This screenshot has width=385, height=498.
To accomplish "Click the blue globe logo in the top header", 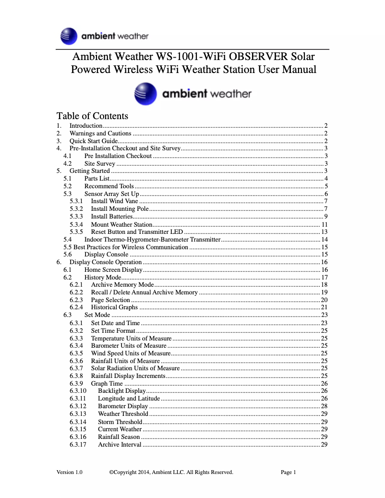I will click(69, 36).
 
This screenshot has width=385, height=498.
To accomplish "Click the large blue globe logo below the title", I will click(145, 94).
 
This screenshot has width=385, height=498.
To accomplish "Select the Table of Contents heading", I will click(92, 116).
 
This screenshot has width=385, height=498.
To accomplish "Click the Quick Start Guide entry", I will click(94, 141).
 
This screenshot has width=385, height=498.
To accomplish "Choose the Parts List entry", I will click(97, 178).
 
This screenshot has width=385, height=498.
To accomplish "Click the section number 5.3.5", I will click(76, 231).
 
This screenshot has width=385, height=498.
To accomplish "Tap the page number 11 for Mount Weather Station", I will click(324, 224).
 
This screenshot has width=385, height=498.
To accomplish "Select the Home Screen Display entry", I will click(113, 270).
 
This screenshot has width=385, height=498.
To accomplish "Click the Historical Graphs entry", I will click(114, 307).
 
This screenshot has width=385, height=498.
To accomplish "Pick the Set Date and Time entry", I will click(115, 323).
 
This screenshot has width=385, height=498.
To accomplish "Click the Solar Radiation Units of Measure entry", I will click(135, 368).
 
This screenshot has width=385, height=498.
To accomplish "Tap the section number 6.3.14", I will click(78, 422).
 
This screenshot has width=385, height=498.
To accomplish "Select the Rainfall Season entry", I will click(119, 437).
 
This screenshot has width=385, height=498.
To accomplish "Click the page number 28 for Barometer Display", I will click(324, 406).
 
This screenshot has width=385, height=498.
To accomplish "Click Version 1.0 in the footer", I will click(69, 472).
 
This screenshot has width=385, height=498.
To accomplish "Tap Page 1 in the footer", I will click(288, 472).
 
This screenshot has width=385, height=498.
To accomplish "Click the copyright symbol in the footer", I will click(111, 472).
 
